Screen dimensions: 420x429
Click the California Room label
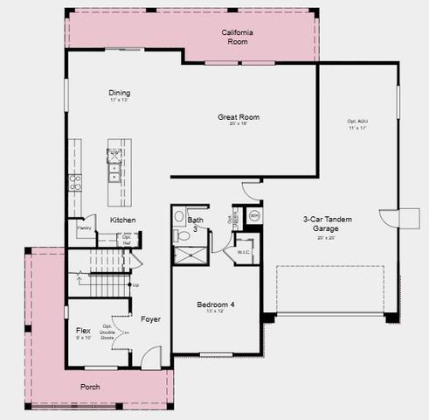point(238,36)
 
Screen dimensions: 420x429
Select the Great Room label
point(239,117)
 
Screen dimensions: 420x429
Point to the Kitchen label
point(122,220)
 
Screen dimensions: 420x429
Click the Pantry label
point(85,228)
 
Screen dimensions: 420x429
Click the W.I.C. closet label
point(243,253)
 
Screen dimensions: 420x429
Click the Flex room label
point(84,331)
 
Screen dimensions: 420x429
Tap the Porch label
point(90,386)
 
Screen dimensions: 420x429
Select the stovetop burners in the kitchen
point(75,183)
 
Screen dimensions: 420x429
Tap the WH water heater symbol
point(254,215)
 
